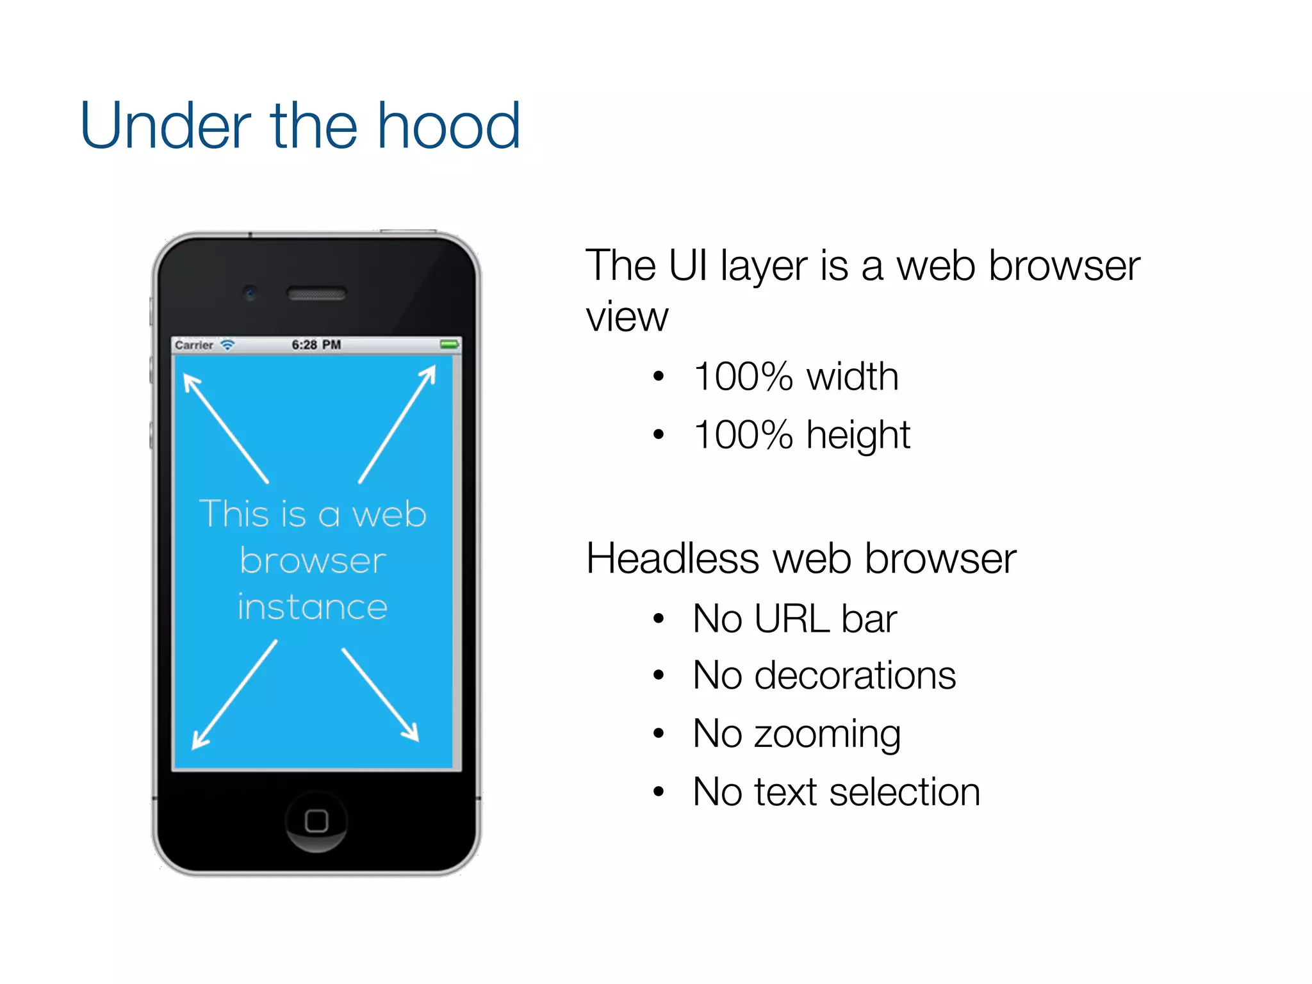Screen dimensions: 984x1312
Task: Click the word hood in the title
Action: [x=448, y=126]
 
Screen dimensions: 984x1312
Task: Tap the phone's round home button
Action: [x=316, y=821]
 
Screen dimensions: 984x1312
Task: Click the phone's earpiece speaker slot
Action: [x=316, y=294]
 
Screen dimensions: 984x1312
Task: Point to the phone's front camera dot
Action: [x=250, y=293]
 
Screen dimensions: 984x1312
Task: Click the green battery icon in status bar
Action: [x=450, y=345]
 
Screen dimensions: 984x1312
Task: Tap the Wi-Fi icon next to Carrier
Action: [x=227, y=345]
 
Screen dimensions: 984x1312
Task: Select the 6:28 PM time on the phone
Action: [x=316, y=345]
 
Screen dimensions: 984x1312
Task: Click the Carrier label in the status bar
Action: [x=193, y=345]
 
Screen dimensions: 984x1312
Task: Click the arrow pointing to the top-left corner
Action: [x=225, y=427]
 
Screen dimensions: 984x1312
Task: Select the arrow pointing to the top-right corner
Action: [x=398, y=423]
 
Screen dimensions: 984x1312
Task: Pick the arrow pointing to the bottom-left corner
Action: [x=234, y=695]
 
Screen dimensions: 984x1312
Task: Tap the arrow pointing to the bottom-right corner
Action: [x=381, y=695]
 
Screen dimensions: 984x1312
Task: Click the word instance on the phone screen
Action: [x=313, y=607]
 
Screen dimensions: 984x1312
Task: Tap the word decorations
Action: [x=855, y=675]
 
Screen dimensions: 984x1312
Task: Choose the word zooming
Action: [x=827, y=734]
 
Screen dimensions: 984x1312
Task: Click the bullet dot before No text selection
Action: [x=659, y=792]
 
